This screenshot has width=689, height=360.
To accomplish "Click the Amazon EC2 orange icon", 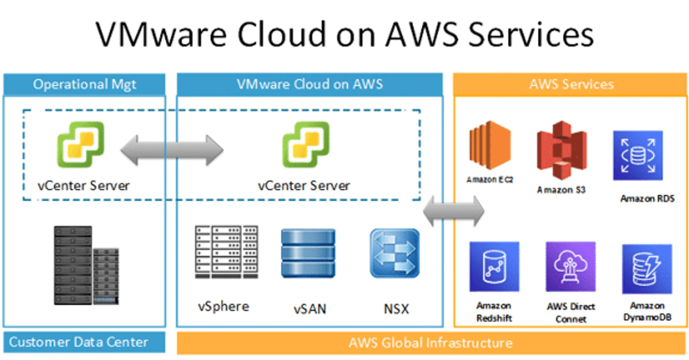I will point(490,145).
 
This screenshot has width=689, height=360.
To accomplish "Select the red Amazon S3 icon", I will point(562,150).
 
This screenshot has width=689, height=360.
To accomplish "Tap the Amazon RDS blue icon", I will point(638,155).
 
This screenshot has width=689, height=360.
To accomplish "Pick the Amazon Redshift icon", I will point(494,266).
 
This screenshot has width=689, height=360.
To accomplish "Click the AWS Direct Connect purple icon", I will point(570,266).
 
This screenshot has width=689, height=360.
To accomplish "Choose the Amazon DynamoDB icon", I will point(647,269).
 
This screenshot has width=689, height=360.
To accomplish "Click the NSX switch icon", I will point(395,253).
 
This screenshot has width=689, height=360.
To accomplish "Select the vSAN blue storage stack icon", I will point(308,253).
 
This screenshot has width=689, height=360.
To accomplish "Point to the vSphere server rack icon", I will point(226,252).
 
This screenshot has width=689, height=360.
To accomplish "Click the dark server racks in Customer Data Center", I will point(85,266).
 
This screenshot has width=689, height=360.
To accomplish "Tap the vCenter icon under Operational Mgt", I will point(80,144).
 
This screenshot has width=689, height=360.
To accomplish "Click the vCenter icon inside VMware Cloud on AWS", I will point(306,144).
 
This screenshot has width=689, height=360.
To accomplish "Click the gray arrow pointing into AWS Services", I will point(454,211).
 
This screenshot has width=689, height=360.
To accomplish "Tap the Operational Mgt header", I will point(84,84).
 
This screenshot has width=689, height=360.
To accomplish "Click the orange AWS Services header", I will point(570,84).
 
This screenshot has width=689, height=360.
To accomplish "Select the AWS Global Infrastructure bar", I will point(431,343).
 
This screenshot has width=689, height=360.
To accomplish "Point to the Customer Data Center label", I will point(78,342).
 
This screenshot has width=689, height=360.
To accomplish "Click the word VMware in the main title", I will point(161,34).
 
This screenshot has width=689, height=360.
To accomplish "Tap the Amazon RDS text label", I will point(647,199).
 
